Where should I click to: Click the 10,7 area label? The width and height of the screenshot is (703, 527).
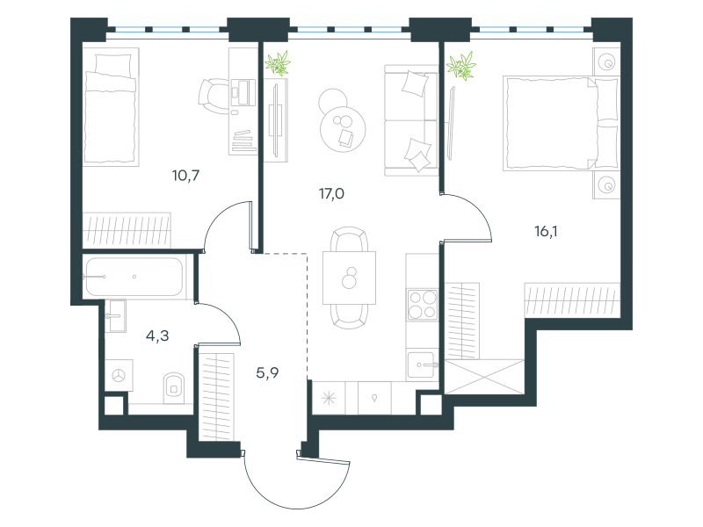coord(185,175)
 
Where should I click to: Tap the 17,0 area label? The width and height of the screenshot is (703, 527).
coord(331,193)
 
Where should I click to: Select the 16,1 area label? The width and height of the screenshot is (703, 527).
coord(546,231)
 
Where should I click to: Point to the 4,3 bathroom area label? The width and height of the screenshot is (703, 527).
coord(157,336)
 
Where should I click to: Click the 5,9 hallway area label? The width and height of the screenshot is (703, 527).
coord(267,372)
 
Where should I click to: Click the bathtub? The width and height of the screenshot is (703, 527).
coord(134,277)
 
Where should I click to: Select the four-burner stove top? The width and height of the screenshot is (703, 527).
coord(423,305)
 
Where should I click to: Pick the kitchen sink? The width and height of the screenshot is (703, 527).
coord(422,365)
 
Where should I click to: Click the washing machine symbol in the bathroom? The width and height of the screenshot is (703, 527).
coord(119,376)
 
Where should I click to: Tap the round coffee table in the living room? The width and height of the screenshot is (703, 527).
coord(343,128)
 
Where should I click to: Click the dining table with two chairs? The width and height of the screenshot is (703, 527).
coord(349,278)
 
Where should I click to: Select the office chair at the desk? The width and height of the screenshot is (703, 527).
coord(214,96)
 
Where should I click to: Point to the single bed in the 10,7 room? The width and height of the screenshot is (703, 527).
coord(111,106)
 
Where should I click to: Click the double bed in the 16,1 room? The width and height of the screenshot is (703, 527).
coord(561,123)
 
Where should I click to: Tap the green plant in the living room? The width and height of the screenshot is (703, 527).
coord(278,62)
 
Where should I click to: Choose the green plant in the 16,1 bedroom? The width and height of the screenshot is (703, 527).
coord(460,66)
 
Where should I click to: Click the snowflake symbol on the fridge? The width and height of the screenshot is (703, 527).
coord(329,398)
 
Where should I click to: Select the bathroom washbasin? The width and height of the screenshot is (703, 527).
coord(116,316)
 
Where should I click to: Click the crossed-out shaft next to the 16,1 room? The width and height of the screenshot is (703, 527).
coord(484,377)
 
